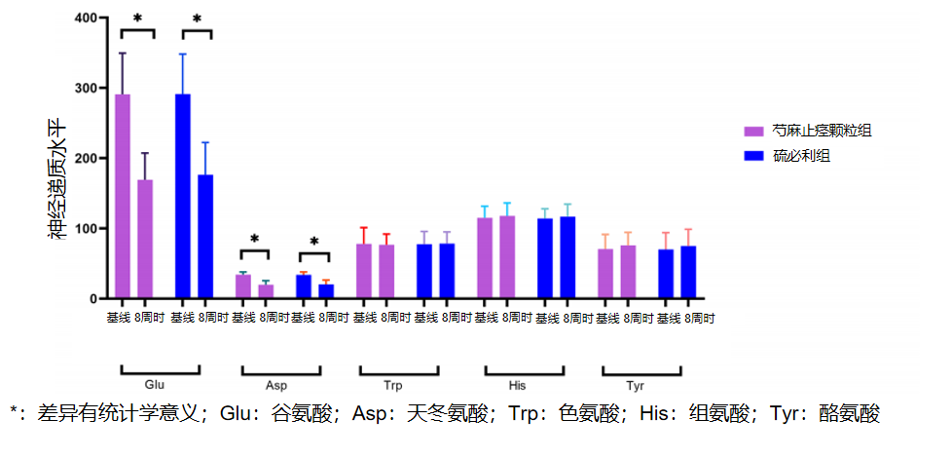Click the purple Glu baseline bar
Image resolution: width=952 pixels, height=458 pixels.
point(123,195)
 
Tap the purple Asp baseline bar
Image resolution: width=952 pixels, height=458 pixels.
point(243,286)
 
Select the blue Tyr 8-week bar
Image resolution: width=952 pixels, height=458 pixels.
point(688,272)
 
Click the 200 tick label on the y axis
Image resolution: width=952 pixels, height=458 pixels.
point(86,159)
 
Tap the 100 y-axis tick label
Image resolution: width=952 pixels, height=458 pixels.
point(86,229)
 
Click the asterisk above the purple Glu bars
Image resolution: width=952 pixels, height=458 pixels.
point(137,19)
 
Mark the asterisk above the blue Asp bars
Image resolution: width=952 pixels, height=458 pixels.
point(314,242)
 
